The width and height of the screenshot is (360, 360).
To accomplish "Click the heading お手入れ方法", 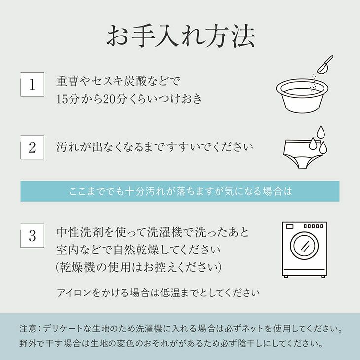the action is tap(180, 36).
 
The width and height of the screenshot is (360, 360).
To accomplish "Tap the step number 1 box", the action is tap(32, 84).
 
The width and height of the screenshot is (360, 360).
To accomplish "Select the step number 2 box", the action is tap(32, 147).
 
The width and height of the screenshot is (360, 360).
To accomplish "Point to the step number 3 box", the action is tap(32, 236).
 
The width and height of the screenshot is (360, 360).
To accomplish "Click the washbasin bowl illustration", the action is tap(302, 96).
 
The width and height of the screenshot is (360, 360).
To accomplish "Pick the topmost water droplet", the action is tap(320, 132).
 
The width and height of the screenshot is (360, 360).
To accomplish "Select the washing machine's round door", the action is tap(304, 246).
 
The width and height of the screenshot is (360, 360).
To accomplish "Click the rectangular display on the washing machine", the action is tap(290, 226).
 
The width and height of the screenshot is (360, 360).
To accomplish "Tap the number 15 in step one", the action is tap(61, 99).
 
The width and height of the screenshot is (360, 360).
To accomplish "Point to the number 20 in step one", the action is tap(108, 99).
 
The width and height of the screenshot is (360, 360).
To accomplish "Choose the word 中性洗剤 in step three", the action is tap(79, 232).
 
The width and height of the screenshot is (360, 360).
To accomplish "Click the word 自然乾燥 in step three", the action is tap(137, 250).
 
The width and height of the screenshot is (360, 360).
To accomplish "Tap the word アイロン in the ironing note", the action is tap(74, 293).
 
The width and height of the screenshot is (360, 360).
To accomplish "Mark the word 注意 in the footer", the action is tap(28, 329).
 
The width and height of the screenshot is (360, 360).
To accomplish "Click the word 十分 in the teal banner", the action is tap(135, 191).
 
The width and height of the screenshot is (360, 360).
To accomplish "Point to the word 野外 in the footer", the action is tap(28, 344).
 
